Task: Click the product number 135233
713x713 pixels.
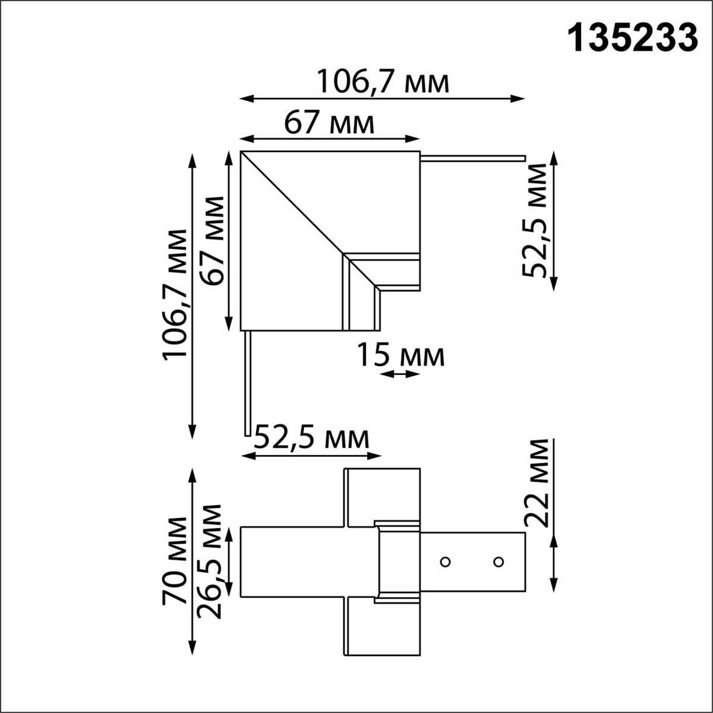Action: coord(633,39)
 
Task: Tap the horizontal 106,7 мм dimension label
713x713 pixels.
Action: coord(382,82)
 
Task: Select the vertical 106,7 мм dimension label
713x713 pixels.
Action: coord(175,294)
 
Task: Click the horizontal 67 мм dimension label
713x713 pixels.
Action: coord(330,124)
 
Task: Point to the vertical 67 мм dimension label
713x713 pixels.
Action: coord(213,241)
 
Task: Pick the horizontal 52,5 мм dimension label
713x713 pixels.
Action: coord(311,440)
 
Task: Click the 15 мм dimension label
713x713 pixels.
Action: coord(400,356)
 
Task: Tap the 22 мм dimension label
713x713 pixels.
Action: coord(537,482)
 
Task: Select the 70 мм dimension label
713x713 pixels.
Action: coord(175,561)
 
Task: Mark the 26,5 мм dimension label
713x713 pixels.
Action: coord(211,561)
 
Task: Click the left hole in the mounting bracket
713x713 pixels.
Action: coord(444,561)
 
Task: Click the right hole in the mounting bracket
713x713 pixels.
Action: coord(499,561)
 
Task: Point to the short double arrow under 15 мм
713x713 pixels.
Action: coord(400,374)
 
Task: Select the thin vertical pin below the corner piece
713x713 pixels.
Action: coord(247,383)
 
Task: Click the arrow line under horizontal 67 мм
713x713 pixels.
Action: coord(330,139)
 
